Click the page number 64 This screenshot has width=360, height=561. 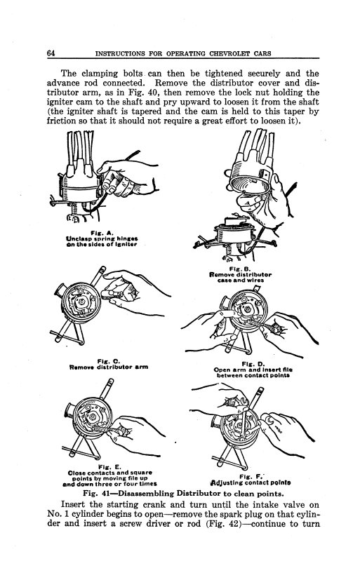[51, 53]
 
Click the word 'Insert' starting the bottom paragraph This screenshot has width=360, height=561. [77, 505]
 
